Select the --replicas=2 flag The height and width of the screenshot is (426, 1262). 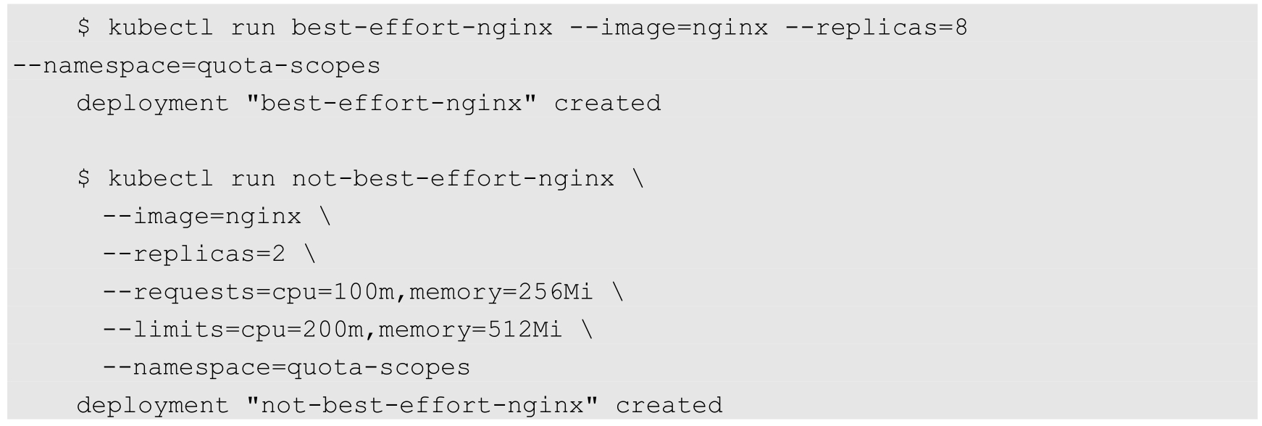[194, 254]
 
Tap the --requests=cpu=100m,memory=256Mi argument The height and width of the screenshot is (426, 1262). [348, 292]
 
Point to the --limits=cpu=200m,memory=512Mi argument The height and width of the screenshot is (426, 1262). [333, 330]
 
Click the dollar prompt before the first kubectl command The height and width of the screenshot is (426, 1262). [84, 28]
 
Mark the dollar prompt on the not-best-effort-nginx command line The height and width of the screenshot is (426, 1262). [84, 179]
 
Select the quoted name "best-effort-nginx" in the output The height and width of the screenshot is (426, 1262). [392, 104]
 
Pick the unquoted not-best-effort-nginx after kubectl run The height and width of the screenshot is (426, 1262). [453, 179]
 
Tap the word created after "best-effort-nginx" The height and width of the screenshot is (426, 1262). [607, 104]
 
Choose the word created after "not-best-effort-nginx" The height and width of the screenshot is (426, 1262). [669, 405]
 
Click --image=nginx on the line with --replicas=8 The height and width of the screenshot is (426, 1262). [669, 28]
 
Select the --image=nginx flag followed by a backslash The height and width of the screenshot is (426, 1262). [201, 217]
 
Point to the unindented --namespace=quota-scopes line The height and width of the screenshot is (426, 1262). [196, 66]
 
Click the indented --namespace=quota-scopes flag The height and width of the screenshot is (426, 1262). [286, 367]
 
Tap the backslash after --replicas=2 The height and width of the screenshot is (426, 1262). [310, 254]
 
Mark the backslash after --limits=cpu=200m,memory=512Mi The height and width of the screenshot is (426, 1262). [587, 330]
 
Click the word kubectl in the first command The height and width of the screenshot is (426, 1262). [161, 28]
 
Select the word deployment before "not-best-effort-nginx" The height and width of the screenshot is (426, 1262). [153, 405]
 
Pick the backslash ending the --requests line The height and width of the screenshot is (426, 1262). [618, 292]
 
